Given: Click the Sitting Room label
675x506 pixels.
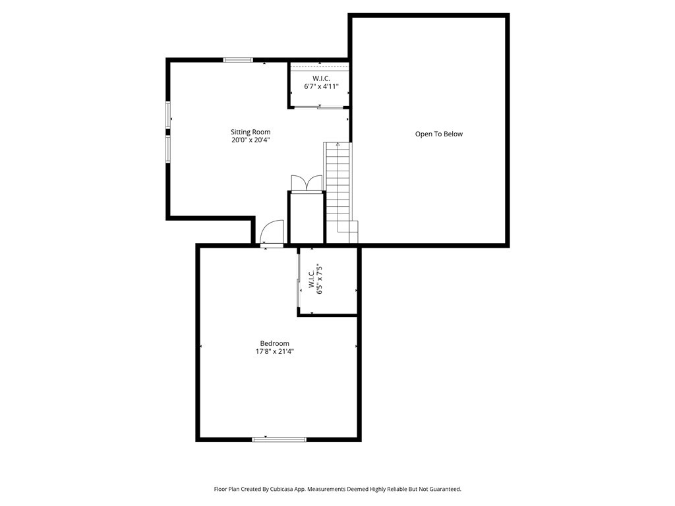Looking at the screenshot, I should (x=250, y=132).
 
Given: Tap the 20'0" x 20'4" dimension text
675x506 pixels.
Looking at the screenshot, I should (x=250, y=140).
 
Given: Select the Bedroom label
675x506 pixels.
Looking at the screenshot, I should (x=274, y=343).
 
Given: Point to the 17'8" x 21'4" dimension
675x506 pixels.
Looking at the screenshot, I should (x=274, y=352).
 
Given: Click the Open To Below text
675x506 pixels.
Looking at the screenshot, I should (x=438, y=134).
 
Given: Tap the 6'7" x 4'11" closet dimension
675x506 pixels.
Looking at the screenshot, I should (x=320, y=86).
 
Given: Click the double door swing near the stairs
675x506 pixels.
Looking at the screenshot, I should (x=307, y=183).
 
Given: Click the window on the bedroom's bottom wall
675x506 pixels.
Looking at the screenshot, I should (x=279, y=439).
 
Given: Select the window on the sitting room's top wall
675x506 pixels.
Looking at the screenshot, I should (x=237, y=60).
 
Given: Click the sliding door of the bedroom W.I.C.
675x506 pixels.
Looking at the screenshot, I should (x=299, y=281).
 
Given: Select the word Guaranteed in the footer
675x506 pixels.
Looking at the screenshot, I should (x=442, y=490).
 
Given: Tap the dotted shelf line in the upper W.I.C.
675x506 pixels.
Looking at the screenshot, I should (x=319, y=67).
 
